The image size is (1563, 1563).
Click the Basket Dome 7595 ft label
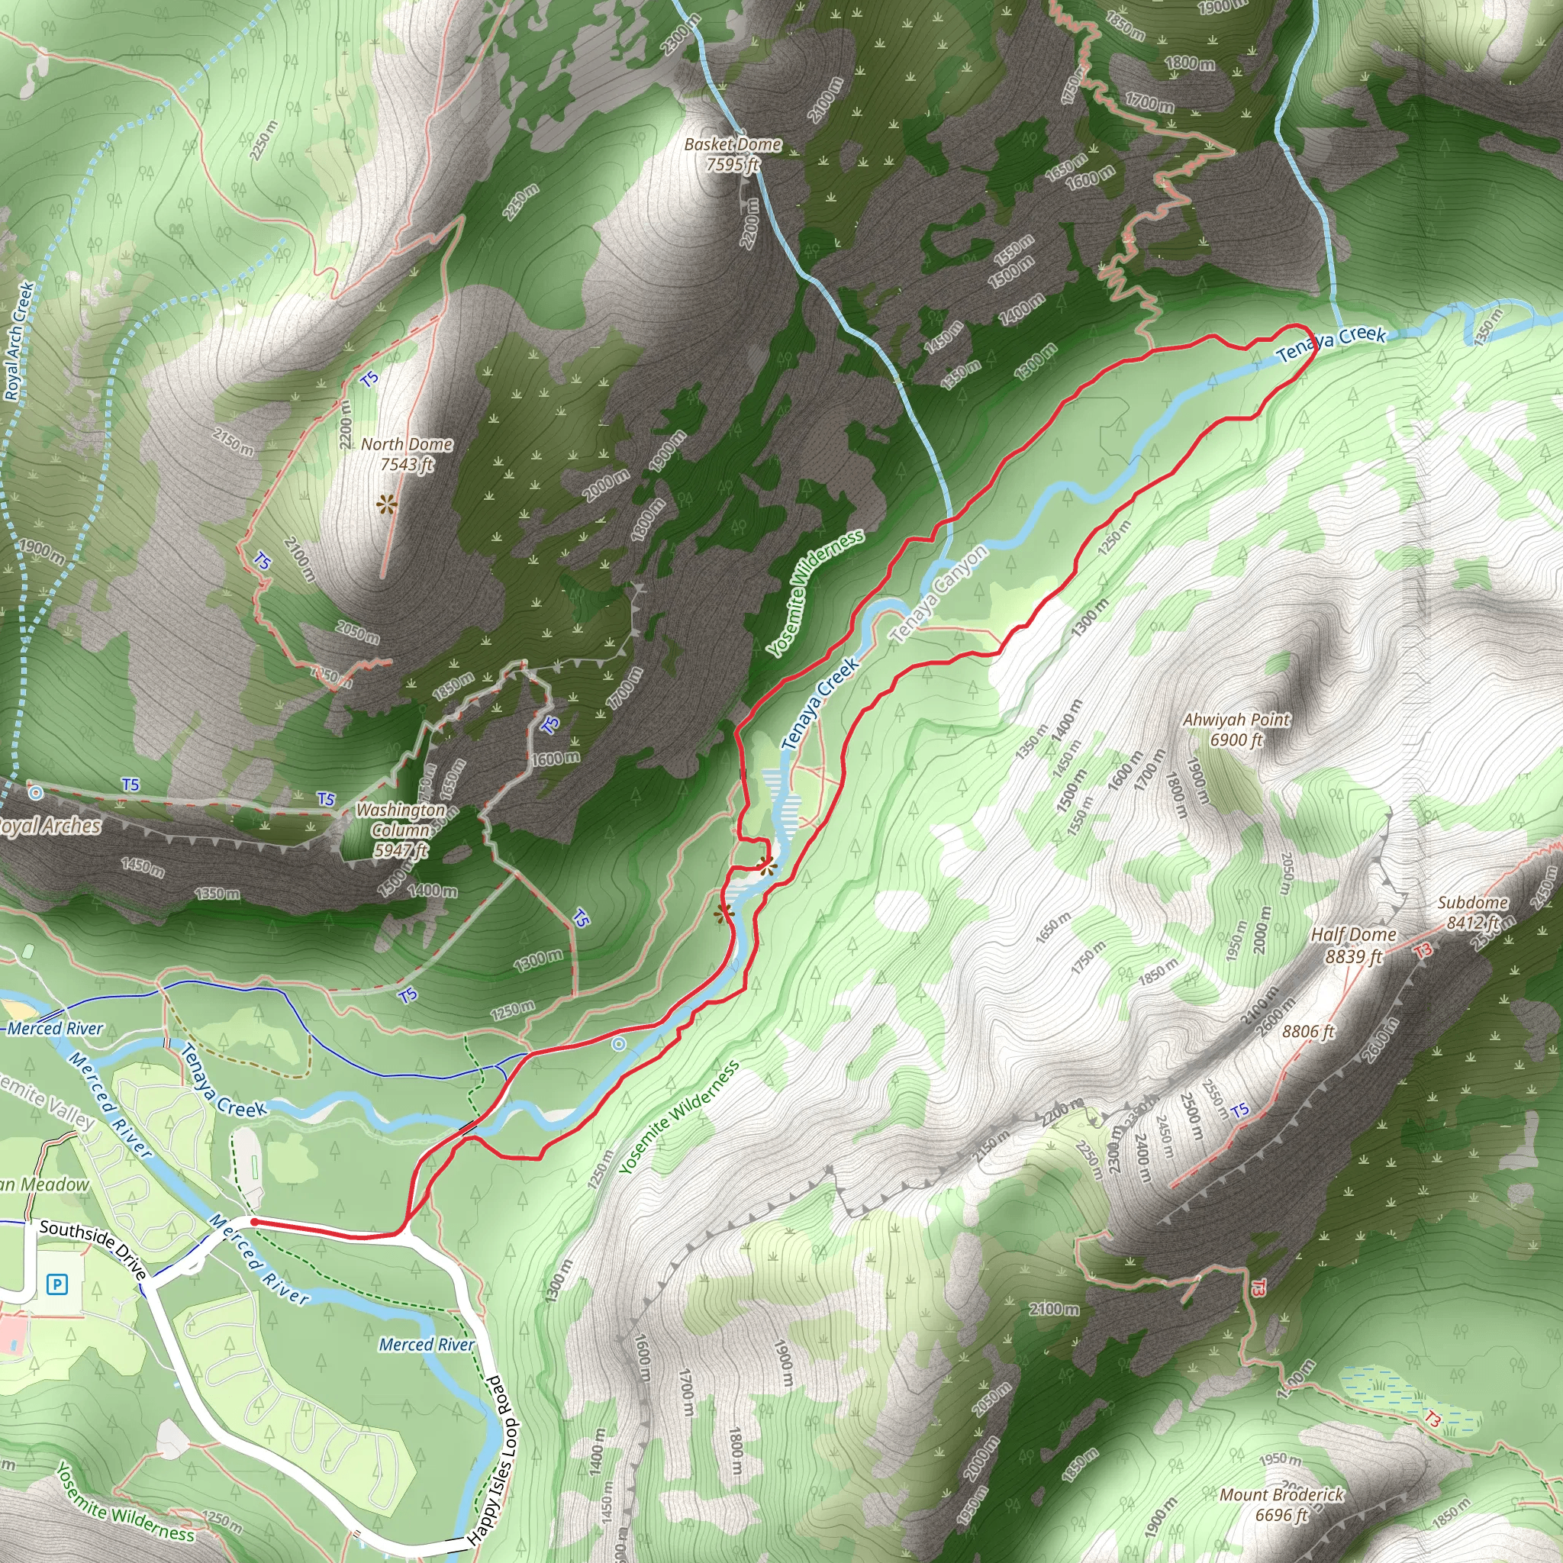click(732, 153)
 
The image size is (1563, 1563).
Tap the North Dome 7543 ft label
click(406, 454)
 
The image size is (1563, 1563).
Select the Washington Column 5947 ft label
click(401, 830)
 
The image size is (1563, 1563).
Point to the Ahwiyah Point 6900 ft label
click(1236, 729)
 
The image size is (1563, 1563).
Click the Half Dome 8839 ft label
click(1353, 945)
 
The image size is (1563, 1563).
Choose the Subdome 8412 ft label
click(1472, 912)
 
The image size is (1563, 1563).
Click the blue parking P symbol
click(56, 1284)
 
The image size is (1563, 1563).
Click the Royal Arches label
click(49, 826)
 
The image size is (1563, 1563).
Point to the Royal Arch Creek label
click(18, 340)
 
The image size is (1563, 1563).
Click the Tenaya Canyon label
click(939, 594)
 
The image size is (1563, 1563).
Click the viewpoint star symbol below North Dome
click(387, 506)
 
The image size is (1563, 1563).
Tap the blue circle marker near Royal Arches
click(35, 793)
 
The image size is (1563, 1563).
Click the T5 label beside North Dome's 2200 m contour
click(369, 379)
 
